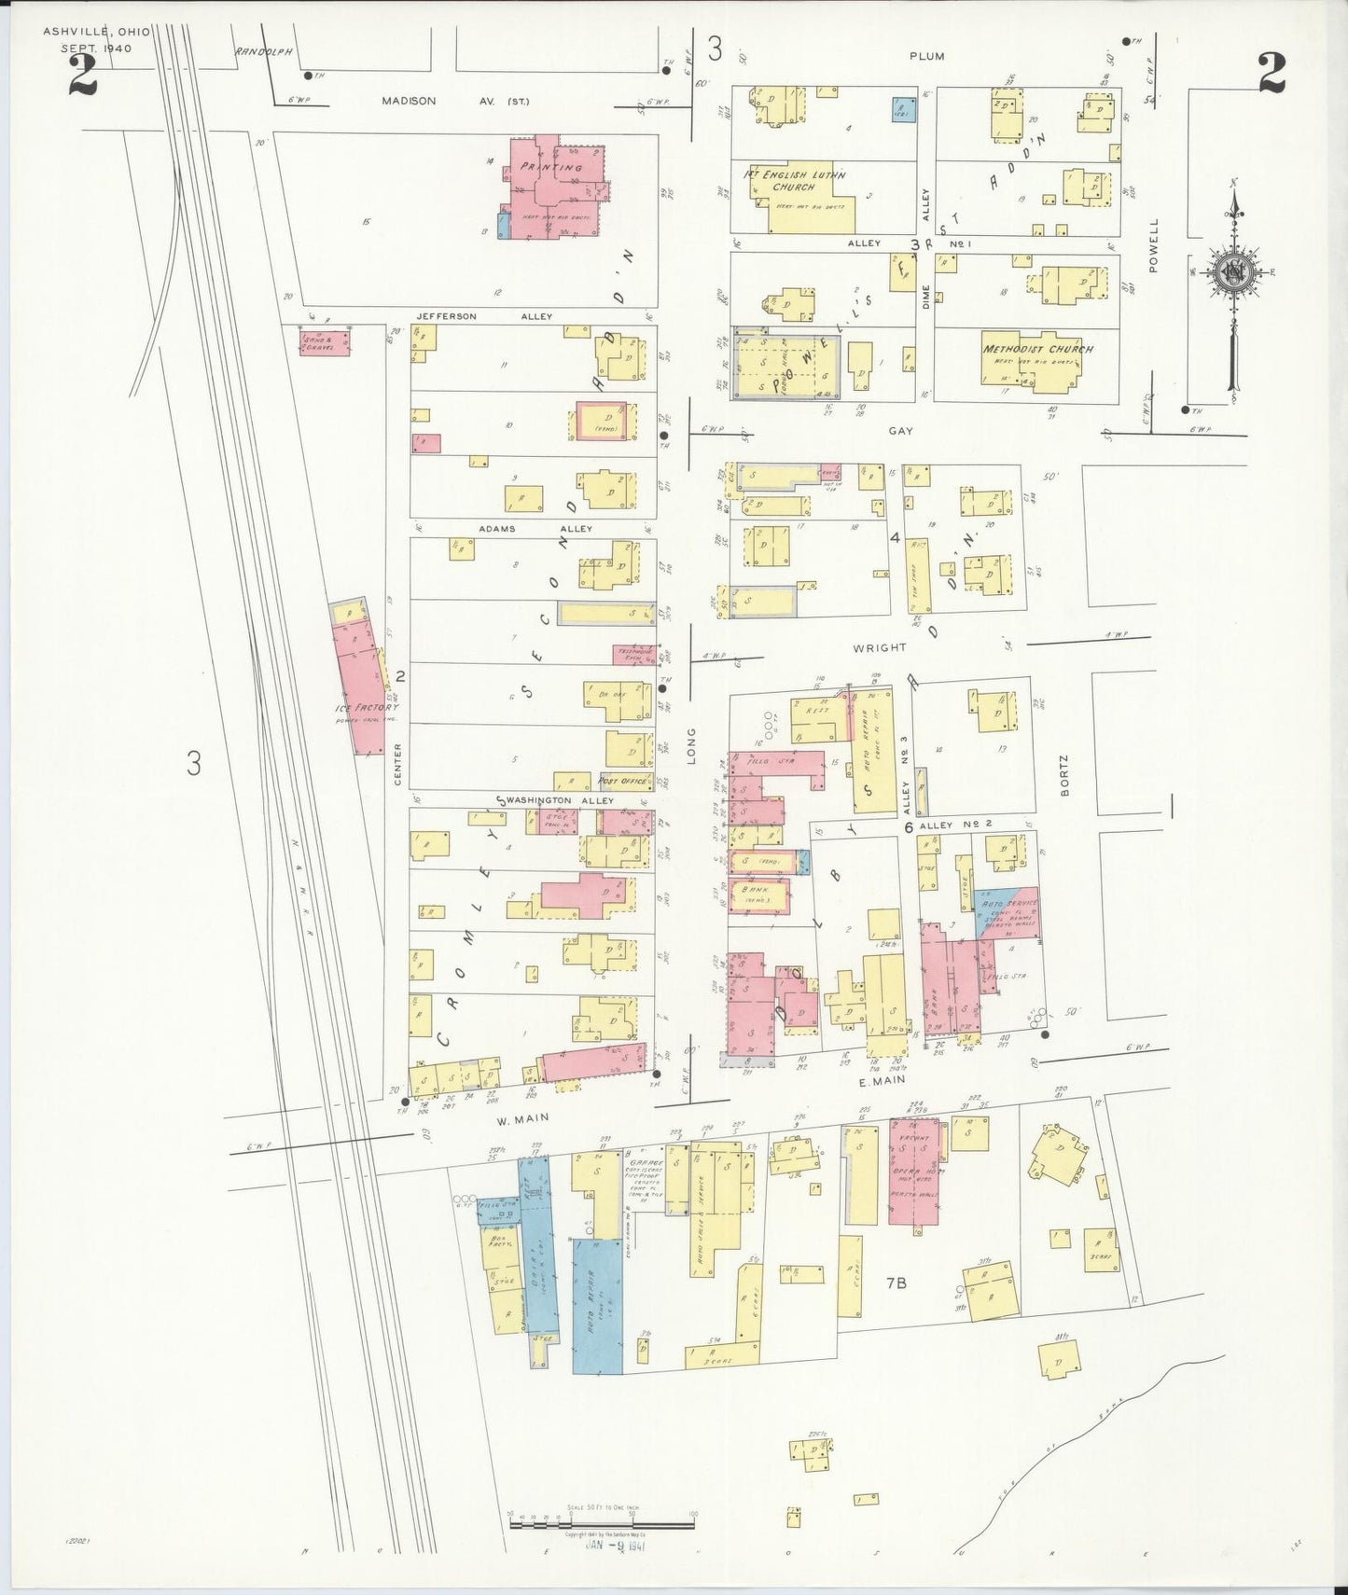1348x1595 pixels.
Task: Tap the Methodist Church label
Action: point(1037,349)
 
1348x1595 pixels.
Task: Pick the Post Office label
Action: point(621,781)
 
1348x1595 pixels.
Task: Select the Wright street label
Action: point(880,647)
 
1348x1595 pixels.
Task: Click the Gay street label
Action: point(900,432)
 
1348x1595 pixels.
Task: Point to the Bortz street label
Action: point(1064,776)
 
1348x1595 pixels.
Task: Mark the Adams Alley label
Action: point(535,529)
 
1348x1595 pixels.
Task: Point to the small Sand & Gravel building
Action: point(325,340)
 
